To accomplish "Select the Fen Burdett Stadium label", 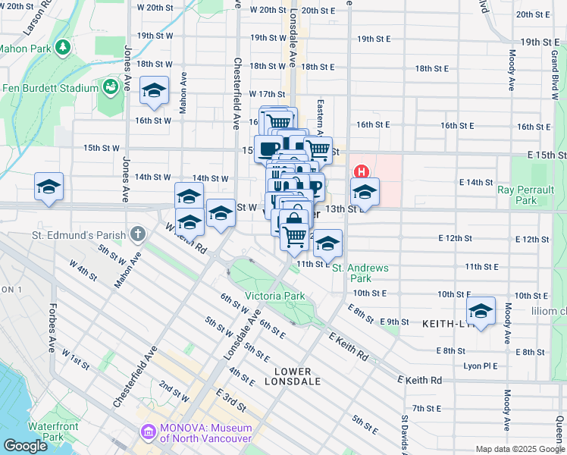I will coord(50,88).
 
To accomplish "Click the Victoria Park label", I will coord(274,296).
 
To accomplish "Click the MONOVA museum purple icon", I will coord(148,432).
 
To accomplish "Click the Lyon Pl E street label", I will coord(479,366).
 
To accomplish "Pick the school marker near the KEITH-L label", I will coord(480,310).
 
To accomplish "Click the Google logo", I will coord(25,446).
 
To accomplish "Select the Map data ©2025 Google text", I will coord(518,449).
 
